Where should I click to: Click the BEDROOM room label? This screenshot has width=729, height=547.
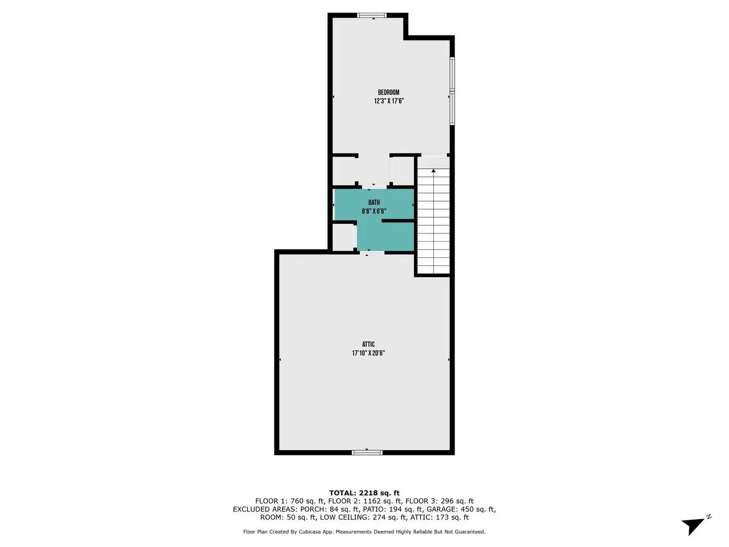pyautogui.click(x=388, y=92)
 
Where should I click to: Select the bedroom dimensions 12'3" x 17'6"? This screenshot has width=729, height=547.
pyautogui.click(x=388, y=101)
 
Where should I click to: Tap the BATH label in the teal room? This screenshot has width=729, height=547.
pyautogui.click(x=374, y=203)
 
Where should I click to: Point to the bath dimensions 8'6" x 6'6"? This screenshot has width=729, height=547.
pyautogui.click(x=374, y=211)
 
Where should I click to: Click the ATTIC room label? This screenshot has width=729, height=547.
pyautogui.click(x=368, y=344)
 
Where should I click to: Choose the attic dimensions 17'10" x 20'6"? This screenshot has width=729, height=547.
pyautogui.click(x=368, y=354)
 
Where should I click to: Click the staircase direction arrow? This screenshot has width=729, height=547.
pyautogui.click(x=433, y=171)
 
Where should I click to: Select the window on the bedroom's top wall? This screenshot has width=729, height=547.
pyautogui.click(x=372, y=15)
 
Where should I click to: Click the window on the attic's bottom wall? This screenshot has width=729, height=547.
pyautogui.click(x=367, y=452)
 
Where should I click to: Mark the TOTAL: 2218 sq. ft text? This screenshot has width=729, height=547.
pyautogui.click(x=364, y=493)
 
